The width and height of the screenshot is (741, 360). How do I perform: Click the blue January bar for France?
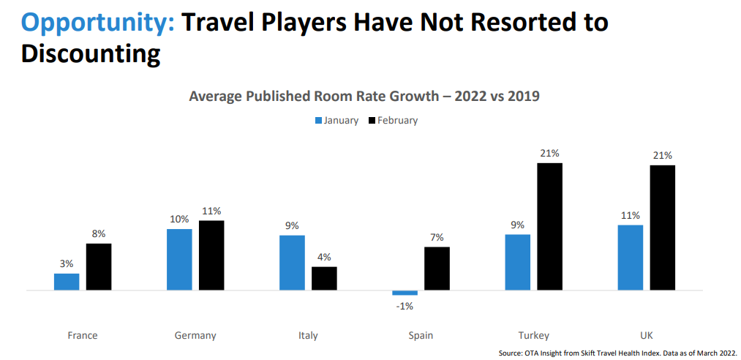pyautogui.click(x=67, y=282)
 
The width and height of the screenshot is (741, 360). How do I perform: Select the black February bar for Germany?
pyautogui.click(x=211, y=255)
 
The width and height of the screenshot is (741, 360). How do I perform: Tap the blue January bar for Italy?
pyautogui.click(x=292, y=263)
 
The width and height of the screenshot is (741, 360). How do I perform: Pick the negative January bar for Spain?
pyautogui.click(x=405, y=293)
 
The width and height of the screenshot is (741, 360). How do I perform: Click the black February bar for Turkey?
pyautogui.click(x=549, y=227)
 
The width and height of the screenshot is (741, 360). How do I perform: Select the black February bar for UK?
pyautogui.click(x=662, y=228)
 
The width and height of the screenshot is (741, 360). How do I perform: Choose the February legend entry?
pyautogui.click(x=393, y=120)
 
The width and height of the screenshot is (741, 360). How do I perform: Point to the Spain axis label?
pyautogui.click(x=421, y=336)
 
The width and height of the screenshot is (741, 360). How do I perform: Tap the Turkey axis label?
pyautogui.click(x=533, y=336)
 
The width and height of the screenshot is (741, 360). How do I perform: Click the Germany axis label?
pyautogui.click(x=195, y=336)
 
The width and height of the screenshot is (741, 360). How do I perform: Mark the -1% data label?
pyautogui.click(x=405, y=306)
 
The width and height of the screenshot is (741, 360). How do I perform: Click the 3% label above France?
pyautogui.click(x=67, y=263)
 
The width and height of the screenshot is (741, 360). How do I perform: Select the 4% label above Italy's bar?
pyautogui.click(x=324, y=257)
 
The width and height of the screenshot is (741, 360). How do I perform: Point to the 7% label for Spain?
pyautogui.click(x=437, y=237)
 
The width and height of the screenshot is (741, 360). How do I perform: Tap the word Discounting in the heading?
pyautogui.click(x=91, y=53)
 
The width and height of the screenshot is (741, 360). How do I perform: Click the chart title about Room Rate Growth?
pyautogui.click(x=364, y=96)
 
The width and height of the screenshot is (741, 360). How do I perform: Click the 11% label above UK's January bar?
pyautogui.click(x=631, y=215)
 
